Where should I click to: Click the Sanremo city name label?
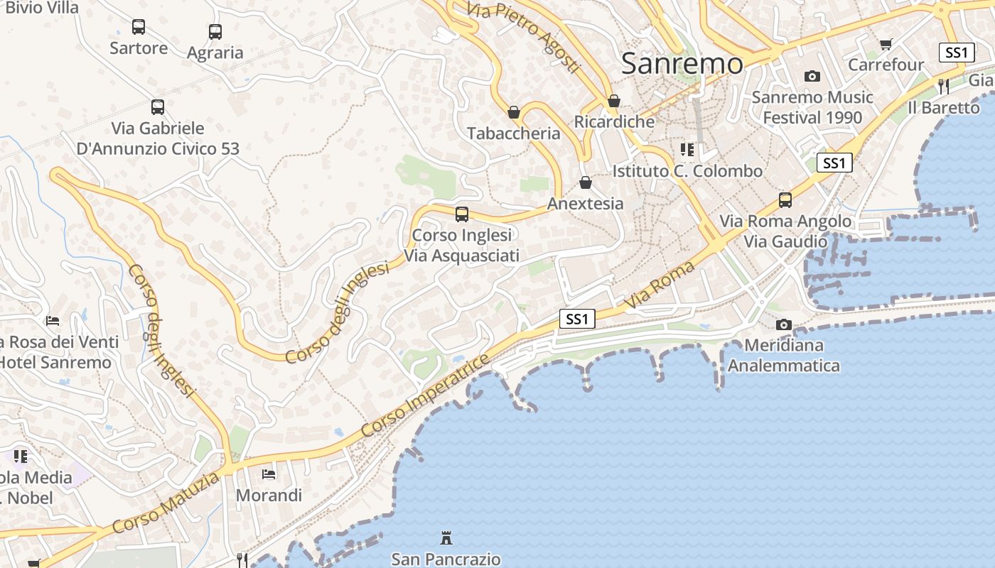(x=682, y=64)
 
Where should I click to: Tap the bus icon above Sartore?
(x=139, y=28)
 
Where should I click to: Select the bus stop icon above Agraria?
(x=215, y=32)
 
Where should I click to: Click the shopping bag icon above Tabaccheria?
(x=514, y=112)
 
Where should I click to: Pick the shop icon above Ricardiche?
(x=614, y=101)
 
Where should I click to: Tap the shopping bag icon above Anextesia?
(x=586, y=183)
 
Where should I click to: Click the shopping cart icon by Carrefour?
(x=886, y=45)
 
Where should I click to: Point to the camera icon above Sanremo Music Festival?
(x=812, y=76)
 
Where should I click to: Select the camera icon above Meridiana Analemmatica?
(x=784, y=324)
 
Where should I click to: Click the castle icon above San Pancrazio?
(x=446, y=537)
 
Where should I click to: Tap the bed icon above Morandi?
(x=269, y=474)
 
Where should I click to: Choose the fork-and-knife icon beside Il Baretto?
(x=944, y=87)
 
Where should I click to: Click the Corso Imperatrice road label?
(x=425, y=395)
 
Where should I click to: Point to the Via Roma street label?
(x=659, y=285)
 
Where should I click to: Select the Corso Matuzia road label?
(x=166, y=503)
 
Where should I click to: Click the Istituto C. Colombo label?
(x=687, y=171)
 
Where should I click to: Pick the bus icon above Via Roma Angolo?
(x=785, y=200)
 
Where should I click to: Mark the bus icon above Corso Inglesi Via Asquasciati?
(x=462, y=214)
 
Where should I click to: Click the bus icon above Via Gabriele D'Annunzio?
(x=158, y=107)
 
